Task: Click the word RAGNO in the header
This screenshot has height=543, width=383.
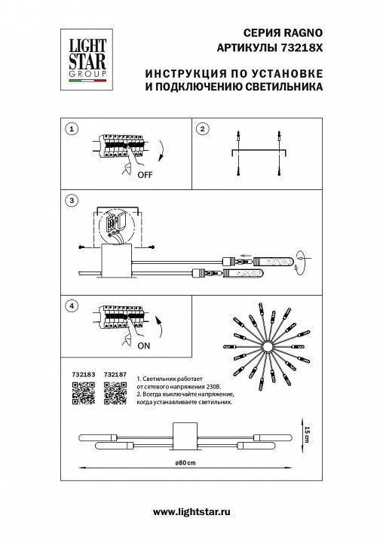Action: pyautogui.click(x=305, y=34)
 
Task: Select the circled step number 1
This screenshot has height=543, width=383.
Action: pyautogui.click(x=71, y=129)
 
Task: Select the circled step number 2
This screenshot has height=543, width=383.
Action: pyautogui.click(x=202, y=129)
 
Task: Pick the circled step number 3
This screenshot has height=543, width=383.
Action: pyautogui.click(x=71, y=201)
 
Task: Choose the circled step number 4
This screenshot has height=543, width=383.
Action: pyautogui.click(x=71, y=306)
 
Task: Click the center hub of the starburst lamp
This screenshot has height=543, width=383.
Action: pyautogui.click(x=267, y=346)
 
